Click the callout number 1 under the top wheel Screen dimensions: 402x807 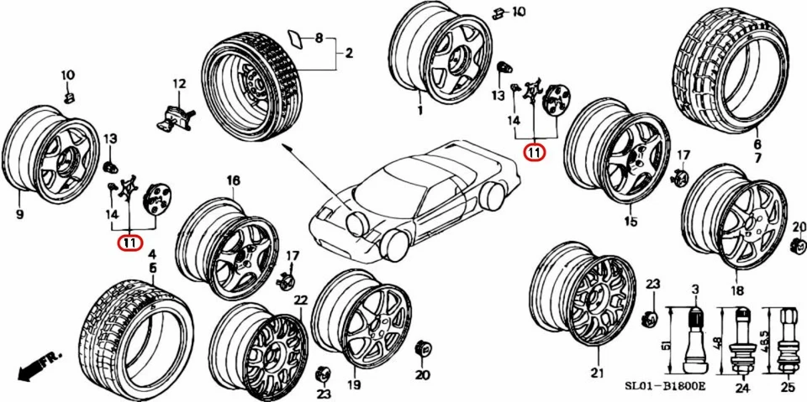(419, 110)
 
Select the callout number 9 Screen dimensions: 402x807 (20, 214)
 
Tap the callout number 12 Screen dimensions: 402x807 (179, 83)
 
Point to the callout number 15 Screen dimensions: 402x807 (630, 222)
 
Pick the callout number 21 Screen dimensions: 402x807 (596, 373)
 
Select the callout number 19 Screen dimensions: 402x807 (354, 385)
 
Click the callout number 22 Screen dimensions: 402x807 (300, 300)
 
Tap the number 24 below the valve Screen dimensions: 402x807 (741, 388)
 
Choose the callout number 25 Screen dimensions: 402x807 (787, 388)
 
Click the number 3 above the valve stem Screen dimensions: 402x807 (694, 290)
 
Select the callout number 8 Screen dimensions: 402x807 (319, 39)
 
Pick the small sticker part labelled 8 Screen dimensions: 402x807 (296, 37)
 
